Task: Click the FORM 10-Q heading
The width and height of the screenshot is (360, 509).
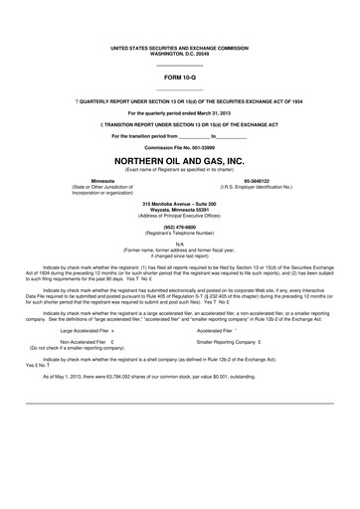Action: [180, 78]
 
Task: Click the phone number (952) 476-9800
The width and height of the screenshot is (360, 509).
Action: [180, 223]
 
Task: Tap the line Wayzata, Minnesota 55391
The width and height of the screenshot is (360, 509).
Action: [180, 208]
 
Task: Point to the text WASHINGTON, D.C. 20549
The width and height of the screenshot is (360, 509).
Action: [180, 53]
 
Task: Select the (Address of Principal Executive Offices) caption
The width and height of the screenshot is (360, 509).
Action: [180, 214]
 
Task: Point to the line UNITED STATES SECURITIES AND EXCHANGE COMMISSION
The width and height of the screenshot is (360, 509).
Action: [180, 47]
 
